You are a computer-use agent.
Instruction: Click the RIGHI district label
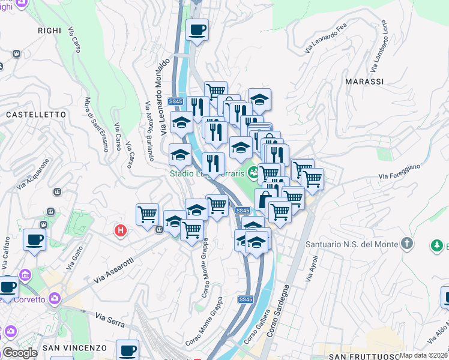(x=49, y=30)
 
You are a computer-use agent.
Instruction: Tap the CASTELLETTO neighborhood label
(x=35, y=114)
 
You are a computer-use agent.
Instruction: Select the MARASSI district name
(x=364, y=82)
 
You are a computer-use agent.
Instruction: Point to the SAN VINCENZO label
(x=74, y=348)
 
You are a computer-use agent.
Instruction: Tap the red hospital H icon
(x=121, y=230)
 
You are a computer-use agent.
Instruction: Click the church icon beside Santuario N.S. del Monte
(x=407, y=244)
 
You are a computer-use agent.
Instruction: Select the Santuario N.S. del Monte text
(x=352, y=244)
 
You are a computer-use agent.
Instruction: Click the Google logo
(x=19, y=353)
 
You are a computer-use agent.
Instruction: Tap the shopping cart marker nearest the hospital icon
(x=147, y=214)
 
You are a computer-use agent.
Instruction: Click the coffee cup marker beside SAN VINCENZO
(x=127, y=349)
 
